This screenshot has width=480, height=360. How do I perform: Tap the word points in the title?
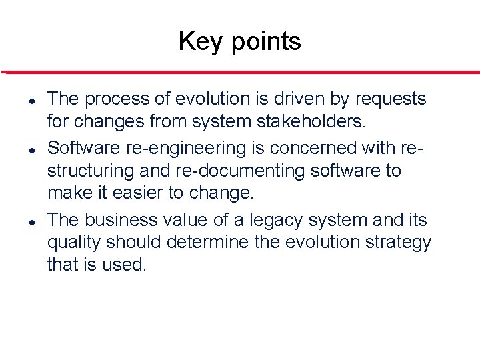(265, 42)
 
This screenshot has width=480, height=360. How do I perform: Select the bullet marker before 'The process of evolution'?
(32, 100)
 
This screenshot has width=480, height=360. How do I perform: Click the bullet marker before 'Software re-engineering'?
(32, 148)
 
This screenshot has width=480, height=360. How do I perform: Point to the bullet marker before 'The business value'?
(32, 220)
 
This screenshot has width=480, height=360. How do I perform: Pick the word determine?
(219, 243)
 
